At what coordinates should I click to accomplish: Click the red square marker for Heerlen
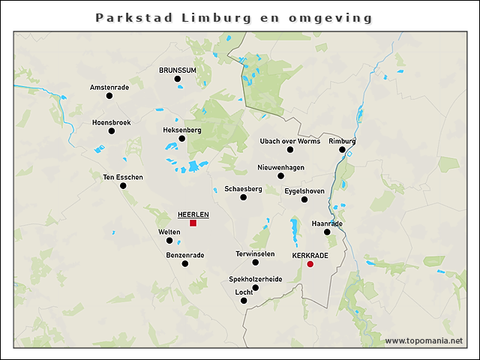click(193, 223)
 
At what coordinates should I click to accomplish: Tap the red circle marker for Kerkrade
click(310, 264)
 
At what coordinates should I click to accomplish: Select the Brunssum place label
click(177, 70)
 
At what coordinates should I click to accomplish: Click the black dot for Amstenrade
click(109, 96)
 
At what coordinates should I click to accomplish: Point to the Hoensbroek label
click(111, 121)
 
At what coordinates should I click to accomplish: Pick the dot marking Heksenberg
click(181, 138)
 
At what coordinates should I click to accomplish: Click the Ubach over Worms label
click(289, 141)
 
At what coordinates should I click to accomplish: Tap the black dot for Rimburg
click(342, 149)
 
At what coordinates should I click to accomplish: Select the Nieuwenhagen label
click(280, 167)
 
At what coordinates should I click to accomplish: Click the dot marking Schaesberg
click(243, 197)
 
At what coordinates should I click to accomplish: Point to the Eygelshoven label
click(304, 190)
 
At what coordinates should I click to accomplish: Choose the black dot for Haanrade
click(327, 232)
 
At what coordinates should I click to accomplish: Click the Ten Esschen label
click(122, 177)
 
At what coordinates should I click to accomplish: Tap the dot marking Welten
click(169, 241)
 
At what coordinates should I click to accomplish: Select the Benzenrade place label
click(184, 255)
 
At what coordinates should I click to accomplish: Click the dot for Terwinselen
click(255, 262)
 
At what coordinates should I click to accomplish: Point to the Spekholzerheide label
click(255, 278)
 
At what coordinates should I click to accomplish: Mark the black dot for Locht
click(243, 301)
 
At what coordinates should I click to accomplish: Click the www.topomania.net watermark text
click(424, 340)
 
